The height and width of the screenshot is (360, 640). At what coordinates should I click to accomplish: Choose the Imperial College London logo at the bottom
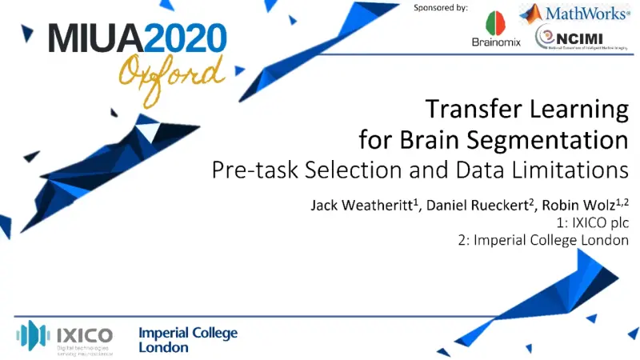188,340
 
